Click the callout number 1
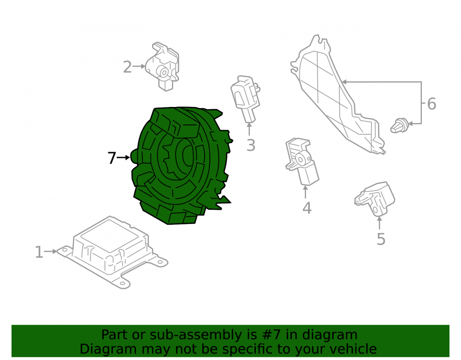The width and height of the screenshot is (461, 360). click(39, 252)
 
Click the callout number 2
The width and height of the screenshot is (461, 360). click(127, 67)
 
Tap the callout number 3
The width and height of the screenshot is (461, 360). click(250, 145)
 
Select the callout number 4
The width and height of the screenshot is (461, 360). click(307, 208)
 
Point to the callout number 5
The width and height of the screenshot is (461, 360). click(381, 239)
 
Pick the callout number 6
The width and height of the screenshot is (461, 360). click(431, 104)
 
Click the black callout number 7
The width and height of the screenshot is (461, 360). click(112, 158)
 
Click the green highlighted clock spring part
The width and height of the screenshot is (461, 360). click(181, 165)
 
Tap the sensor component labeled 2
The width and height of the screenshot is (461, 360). click(163, 67)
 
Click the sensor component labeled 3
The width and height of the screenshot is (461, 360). click(246, 99)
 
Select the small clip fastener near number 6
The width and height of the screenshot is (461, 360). click(399, 125)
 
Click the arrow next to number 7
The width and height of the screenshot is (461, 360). click(124, 158)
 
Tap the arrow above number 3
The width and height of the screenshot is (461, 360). click(249, 130)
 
